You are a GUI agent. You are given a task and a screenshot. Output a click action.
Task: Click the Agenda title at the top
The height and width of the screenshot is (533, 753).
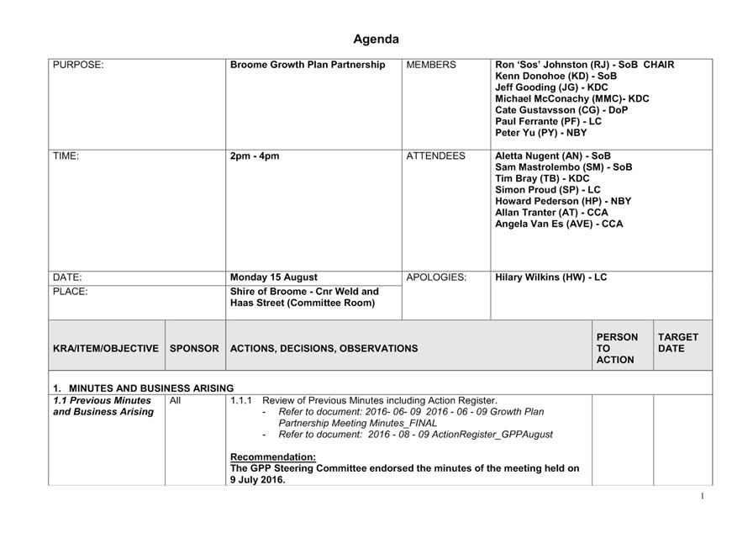click(x=376, y=40)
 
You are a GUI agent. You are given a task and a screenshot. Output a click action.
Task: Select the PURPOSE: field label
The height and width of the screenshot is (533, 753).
click(x=78, y=65)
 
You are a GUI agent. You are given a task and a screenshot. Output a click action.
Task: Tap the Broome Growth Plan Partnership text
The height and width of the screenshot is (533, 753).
click(x=308, y=65)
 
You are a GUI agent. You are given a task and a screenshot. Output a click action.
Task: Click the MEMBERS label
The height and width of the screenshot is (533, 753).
click(x=431, y=65)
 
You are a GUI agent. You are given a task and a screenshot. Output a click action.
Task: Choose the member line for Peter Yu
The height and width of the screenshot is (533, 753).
click(x=541, y=133)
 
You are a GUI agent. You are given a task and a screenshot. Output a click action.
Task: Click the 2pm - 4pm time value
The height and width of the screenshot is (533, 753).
click(x=255, y=156)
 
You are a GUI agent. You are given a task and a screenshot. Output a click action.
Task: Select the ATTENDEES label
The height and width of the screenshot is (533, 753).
click(x=435, y=156)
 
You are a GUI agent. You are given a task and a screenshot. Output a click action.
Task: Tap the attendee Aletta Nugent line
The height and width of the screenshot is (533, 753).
click(x=553, y=156)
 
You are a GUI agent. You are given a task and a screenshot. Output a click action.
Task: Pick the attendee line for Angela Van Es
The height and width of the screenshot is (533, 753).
click(x=559, y=224)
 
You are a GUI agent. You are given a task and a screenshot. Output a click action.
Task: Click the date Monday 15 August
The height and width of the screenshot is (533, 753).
click(x=274, y=277)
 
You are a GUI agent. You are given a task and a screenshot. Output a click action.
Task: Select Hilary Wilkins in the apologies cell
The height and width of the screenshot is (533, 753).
click(x=550, y=277)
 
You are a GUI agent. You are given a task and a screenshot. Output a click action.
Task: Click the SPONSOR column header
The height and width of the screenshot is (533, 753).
click(x=194, y=348)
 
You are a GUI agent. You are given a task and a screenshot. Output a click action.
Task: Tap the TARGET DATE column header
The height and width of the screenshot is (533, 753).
click(x=678, y=343)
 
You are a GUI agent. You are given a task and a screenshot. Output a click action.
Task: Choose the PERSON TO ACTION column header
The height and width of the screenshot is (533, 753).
click(x=617, y=348)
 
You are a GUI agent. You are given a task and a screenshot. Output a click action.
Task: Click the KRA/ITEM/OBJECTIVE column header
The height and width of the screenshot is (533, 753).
click(x=106, y=348)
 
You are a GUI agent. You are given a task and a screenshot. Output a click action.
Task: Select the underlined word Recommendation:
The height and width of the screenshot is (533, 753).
click(x=273, y=457)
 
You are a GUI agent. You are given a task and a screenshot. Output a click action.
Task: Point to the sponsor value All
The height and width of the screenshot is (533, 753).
click(x=176, y=401)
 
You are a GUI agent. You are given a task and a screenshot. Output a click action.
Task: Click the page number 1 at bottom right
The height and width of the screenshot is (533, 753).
click(x=703, y=497)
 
